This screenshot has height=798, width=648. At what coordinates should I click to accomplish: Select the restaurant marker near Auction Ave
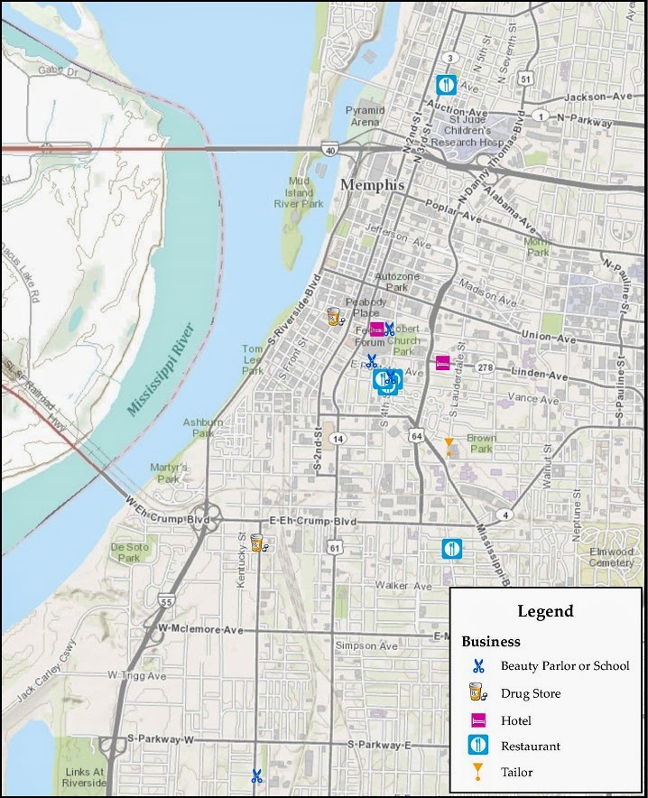coord(446,85)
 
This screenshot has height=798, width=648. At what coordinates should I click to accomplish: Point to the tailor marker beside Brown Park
coord(449,445)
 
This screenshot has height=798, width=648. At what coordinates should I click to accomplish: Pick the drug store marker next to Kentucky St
coord(258,543)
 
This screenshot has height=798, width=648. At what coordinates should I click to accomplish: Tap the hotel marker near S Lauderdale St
coord(442,364)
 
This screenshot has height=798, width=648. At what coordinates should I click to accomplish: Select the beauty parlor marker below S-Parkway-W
coord(256,775)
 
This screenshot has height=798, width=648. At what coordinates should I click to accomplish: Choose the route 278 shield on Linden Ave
coord(486,367)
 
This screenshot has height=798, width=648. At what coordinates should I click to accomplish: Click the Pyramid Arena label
coord(366,116)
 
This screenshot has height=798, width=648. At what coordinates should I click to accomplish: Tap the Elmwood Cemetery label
coord(611,557)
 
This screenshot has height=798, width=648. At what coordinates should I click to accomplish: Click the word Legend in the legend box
coord(545,611)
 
